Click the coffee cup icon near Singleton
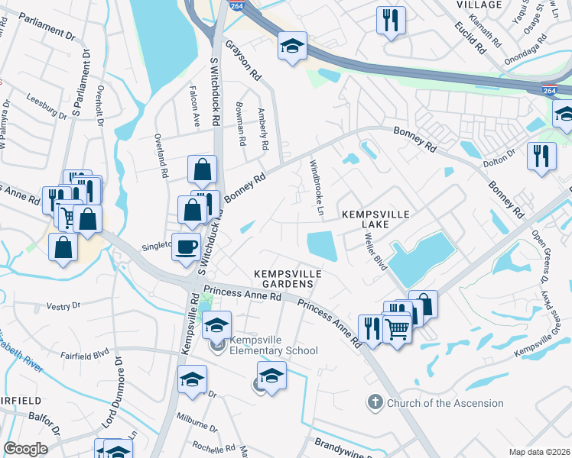point(185,247)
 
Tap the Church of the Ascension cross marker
point(374,402)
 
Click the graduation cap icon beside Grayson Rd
point(292,47)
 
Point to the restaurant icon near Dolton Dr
point(541,156)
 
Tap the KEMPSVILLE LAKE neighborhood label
point(366,219)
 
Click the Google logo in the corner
point(25,449)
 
